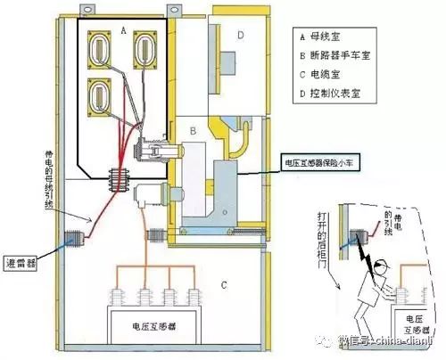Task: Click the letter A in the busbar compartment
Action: (x=123, y=29)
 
